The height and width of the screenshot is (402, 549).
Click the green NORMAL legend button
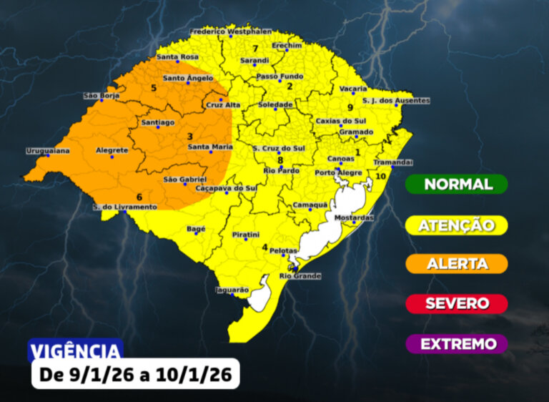(457, 184)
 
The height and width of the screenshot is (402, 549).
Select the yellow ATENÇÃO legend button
(457, 225)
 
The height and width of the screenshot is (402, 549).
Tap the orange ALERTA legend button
(457, 264)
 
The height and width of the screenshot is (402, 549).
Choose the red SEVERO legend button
(457, 303)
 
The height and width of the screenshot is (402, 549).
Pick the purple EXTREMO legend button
(457, 344)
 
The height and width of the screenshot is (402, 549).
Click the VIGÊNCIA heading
(75, 350)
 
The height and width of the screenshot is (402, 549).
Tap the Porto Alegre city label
(339, 173)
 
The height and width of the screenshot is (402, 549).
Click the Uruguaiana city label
(48, 150)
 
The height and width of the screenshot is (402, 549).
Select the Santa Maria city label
(210, 147)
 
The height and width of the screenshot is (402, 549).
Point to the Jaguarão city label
(232, 290)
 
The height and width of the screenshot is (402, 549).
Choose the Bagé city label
(195, 229)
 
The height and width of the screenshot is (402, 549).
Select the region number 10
(381, 176)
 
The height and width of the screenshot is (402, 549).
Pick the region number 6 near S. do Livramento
(139, 197)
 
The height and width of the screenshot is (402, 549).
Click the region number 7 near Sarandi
(255, 48)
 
